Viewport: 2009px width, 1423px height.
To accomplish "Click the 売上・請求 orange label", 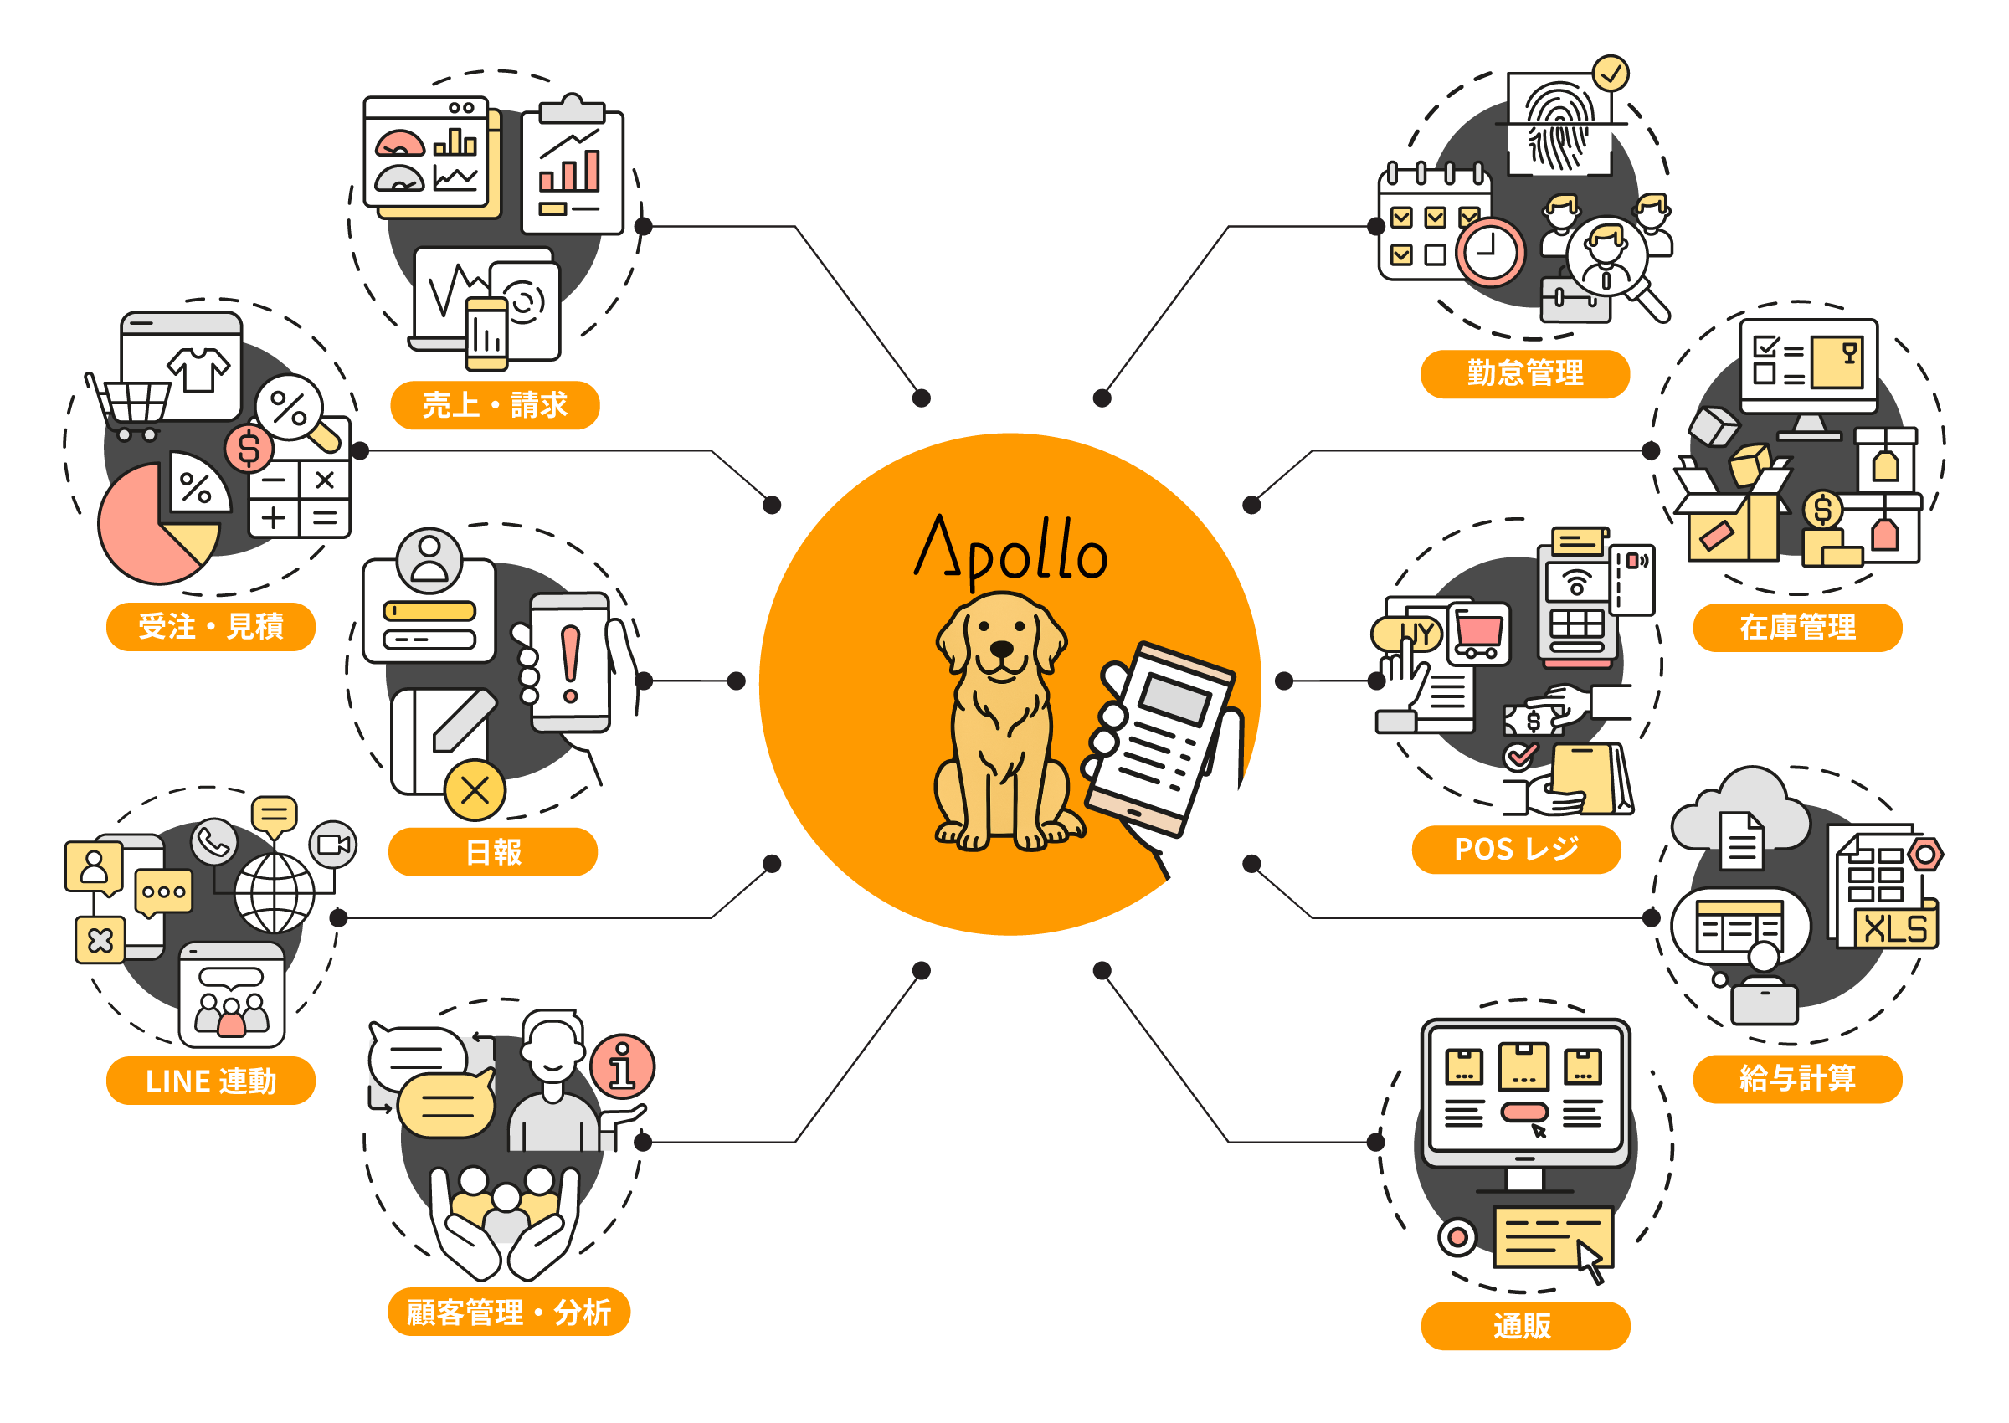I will [x=494, y=405].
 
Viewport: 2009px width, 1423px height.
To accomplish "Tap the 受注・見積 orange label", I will [x=210, y=626].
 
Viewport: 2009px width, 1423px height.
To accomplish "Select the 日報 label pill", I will [x=492, y=850].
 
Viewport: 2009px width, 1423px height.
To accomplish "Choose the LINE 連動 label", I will [x=210, y=1081].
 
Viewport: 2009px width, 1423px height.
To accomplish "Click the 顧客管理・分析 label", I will [x=508, y=1312].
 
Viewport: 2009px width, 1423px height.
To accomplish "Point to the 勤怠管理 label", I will [x=1524, y=373].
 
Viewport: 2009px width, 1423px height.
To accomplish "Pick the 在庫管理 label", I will [x=1797, y=626].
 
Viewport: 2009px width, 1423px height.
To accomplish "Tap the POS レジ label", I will [x=1516, y=849].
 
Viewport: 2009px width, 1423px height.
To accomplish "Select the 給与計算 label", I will [x=1797, y=1079].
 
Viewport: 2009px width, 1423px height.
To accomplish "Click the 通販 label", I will [x=1524, y=1326].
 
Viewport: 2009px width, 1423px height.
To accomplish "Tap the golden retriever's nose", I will [x=1000, y=649].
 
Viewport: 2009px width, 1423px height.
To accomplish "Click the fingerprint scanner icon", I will [x=1559, y=126].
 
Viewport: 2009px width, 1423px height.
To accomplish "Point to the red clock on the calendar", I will [x=1490, y=251].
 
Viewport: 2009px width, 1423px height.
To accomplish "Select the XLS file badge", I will [x=1896, y=928].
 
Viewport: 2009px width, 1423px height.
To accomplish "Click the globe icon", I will [x=275, y=893].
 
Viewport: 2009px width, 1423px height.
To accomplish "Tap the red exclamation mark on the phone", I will [x=570, y=663].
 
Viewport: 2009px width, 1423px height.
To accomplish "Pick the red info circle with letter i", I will [x=622, y=1066].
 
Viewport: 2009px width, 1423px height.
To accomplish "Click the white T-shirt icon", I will [x=199, y=369].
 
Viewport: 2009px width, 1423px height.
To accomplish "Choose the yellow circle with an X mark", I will [x=475, y=790].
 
